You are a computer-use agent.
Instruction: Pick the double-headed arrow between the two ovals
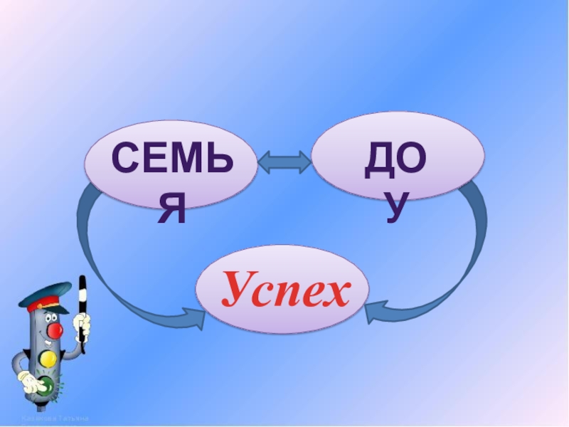284,162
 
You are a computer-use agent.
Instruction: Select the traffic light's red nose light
55,330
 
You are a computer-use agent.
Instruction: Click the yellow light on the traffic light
48,358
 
